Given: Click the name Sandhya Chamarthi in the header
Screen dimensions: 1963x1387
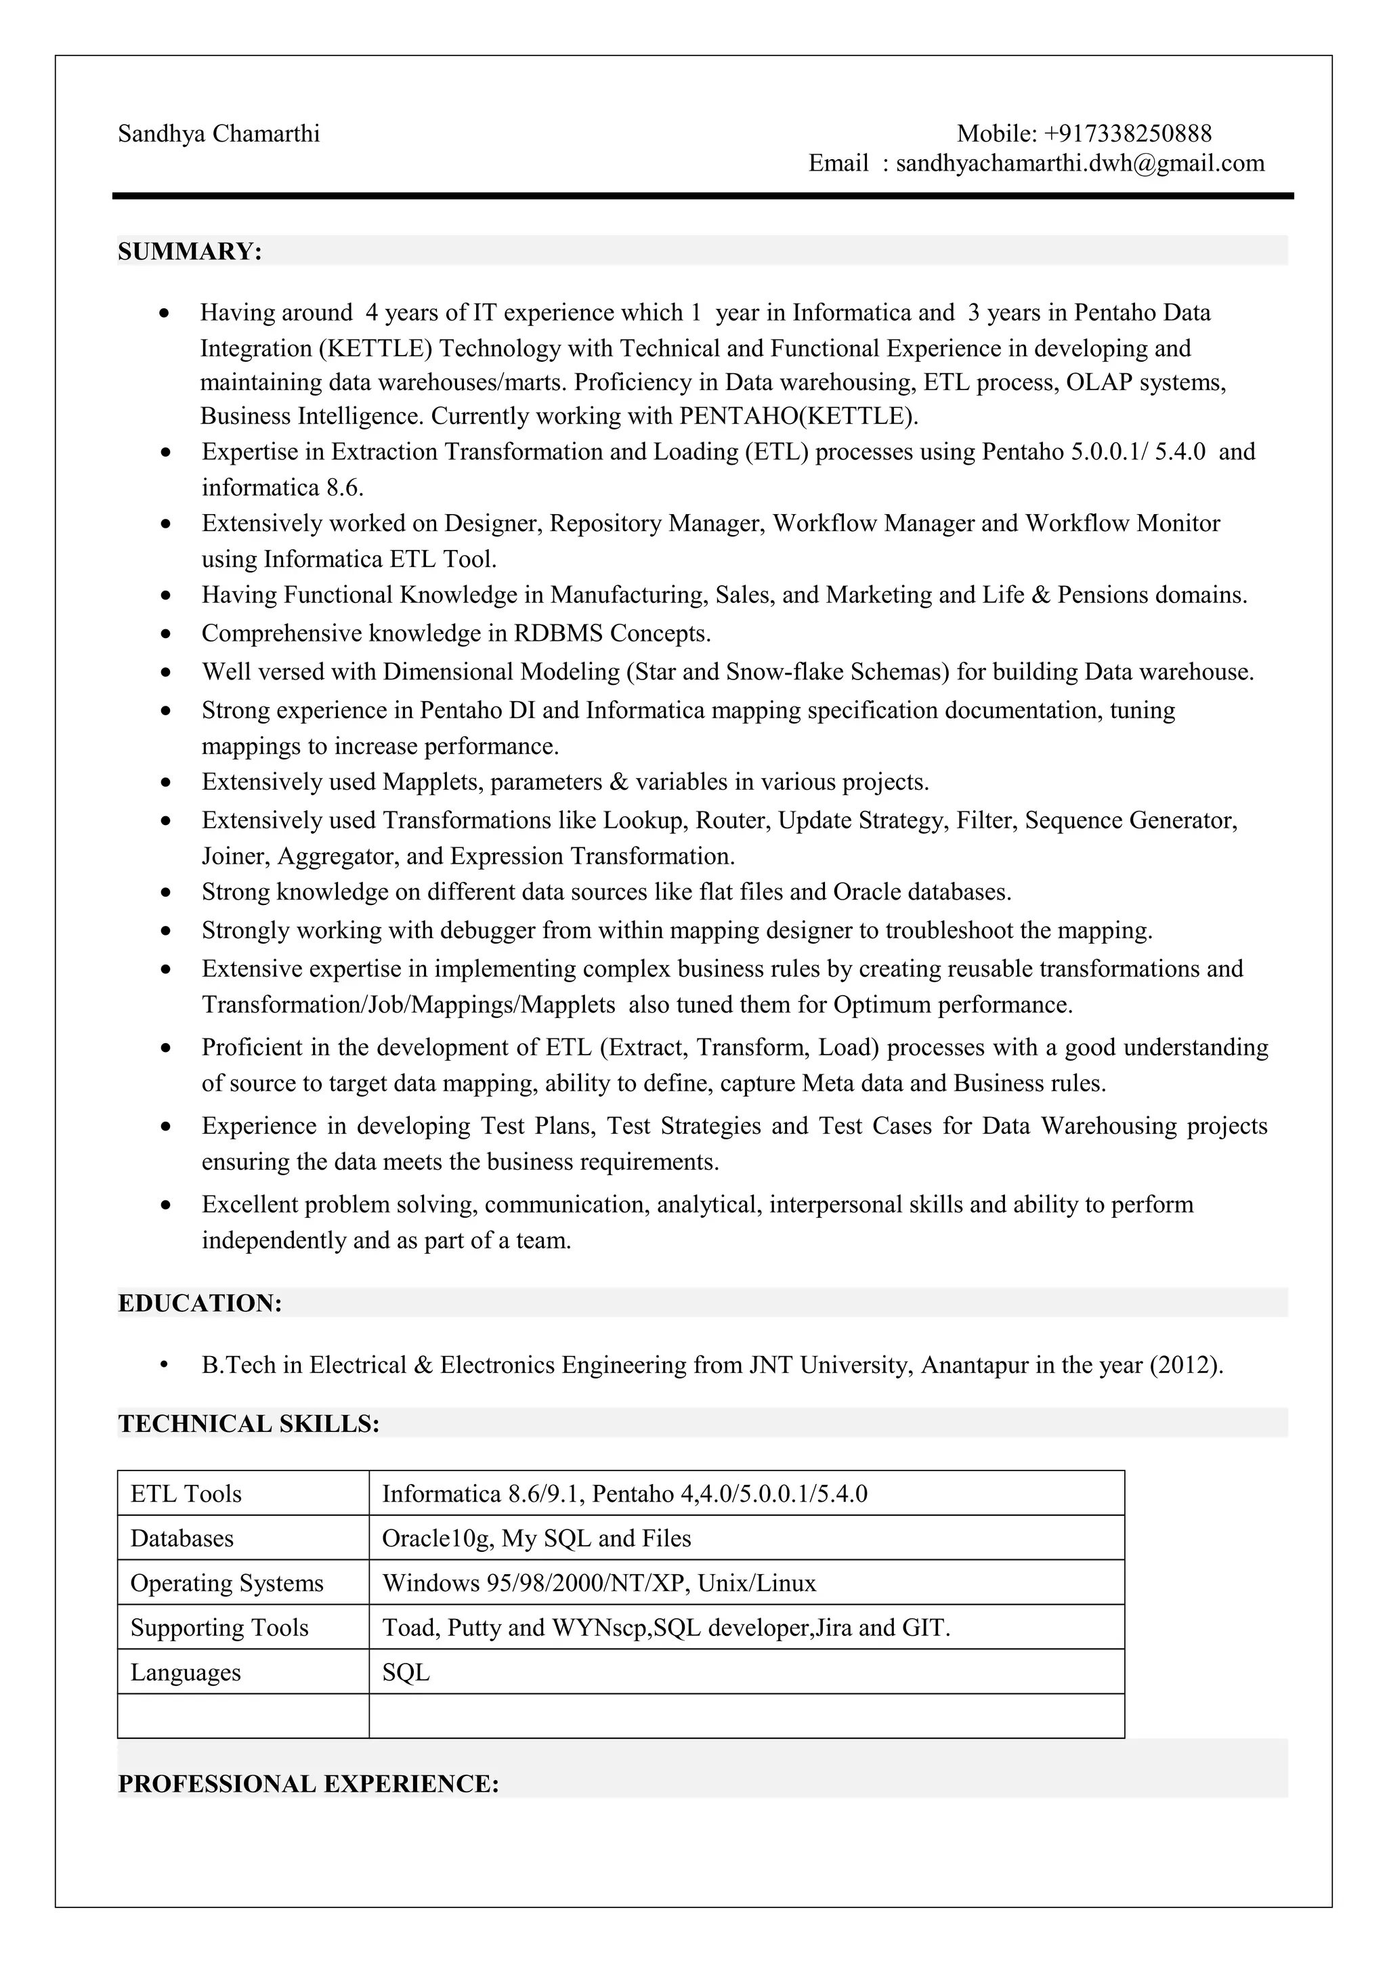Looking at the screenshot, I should coord(219,134).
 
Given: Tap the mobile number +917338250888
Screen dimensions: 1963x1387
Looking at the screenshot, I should coord(1127,133).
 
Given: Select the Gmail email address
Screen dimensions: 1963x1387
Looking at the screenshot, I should coord(1080,163).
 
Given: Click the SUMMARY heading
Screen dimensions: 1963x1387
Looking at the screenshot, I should coord(190,251).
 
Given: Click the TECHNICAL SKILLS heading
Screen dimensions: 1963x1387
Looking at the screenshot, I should coord(249,1424).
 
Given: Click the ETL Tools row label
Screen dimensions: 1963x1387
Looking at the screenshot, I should coord(186,1494).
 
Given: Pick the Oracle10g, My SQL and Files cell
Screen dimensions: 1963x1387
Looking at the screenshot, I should coord(536,1538).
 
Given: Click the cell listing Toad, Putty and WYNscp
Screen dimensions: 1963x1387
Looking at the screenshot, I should coord(666,1627).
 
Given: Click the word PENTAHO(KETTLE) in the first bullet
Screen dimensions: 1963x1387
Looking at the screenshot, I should coord(798,417).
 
